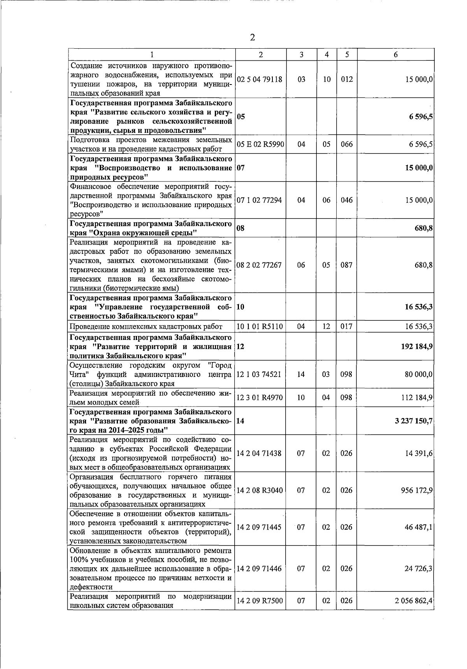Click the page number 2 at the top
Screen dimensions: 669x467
coord(252,37)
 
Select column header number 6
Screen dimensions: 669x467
coord(395,55)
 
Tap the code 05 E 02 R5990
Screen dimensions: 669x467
coord(260,144)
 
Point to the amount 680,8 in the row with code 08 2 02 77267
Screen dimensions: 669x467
coord(423,265)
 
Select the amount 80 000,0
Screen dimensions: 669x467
coord(418,374)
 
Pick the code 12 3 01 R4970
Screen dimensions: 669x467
coord(260,398)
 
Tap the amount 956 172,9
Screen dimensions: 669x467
coord(417,490)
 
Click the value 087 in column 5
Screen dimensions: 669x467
coord(346,265)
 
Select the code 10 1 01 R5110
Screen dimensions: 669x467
coord(260,326)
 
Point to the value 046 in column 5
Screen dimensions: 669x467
coord(346,200)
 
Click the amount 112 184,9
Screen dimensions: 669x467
coord(417,398)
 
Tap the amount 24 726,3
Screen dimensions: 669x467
coord(418,569)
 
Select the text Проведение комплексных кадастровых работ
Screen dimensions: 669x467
coord(146,327)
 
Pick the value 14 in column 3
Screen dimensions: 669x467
coord(301,374)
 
